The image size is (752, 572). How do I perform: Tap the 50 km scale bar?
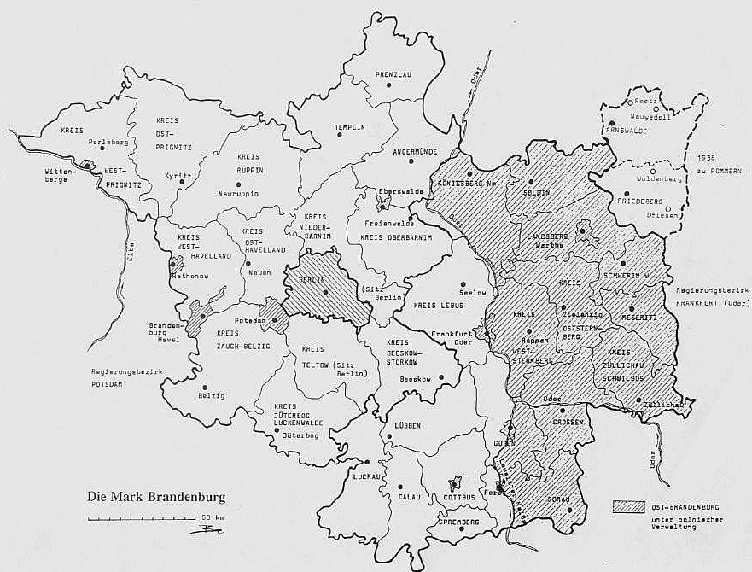tap(141, 518)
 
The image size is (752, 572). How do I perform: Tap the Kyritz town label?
tap(178, 175)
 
